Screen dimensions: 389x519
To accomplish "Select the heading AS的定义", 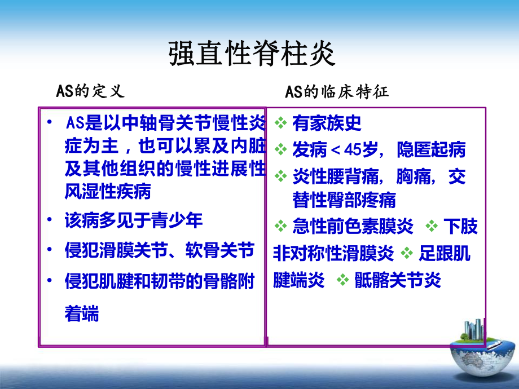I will point(90,91).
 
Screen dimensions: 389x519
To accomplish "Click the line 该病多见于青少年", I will point(133,220).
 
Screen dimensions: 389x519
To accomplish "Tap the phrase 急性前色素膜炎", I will point(353,227).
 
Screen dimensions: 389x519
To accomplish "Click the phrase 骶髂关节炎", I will point(398,280).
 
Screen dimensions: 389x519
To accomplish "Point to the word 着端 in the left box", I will point(82,313).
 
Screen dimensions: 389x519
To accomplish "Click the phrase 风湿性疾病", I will point(108,192).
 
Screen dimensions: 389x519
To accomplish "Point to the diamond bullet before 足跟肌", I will point(407,254).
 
